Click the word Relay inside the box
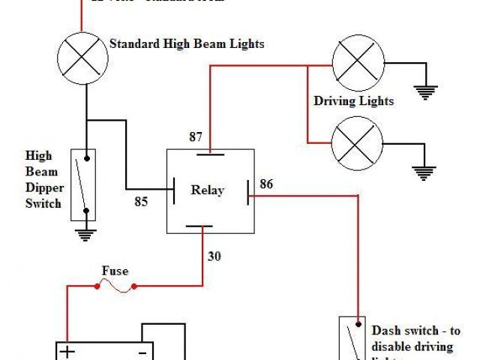pos(207,190)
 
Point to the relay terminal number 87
pos(196,137)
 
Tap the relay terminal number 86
pos(267,183)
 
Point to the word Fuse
pos(115,271)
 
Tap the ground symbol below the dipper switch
pos(87,234)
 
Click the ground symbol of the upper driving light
pos(427,92)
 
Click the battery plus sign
pos(68,352)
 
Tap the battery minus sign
pos(140,352)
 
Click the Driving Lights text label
pos(353,100)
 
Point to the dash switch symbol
pos(352,339)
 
